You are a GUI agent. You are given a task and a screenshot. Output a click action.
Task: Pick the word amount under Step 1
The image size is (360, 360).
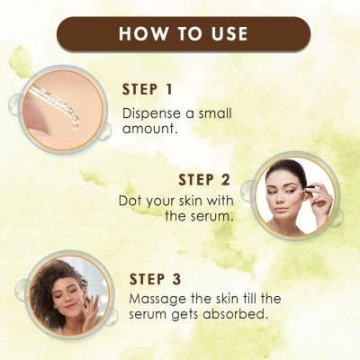pyautogui.click(x=146, y=130)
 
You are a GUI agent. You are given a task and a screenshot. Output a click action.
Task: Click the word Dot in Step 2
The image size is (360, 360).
pyautogui.click(x=129, y=201)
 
